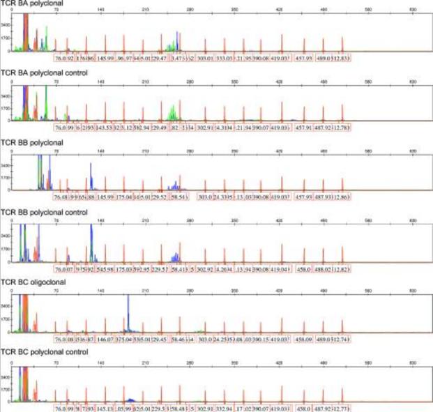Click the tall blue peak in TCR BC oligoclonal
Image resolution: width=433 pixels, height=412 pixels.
pos(128,310)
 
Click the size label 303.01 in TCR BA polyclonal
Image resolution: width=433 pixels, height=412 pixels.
pos(205,59)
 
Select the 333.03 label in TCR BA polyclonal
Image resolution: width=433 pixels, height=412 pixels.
pos(225,59)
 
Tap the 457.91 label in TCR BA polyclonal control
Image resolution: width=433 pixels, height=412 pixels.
pos(303,128)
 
